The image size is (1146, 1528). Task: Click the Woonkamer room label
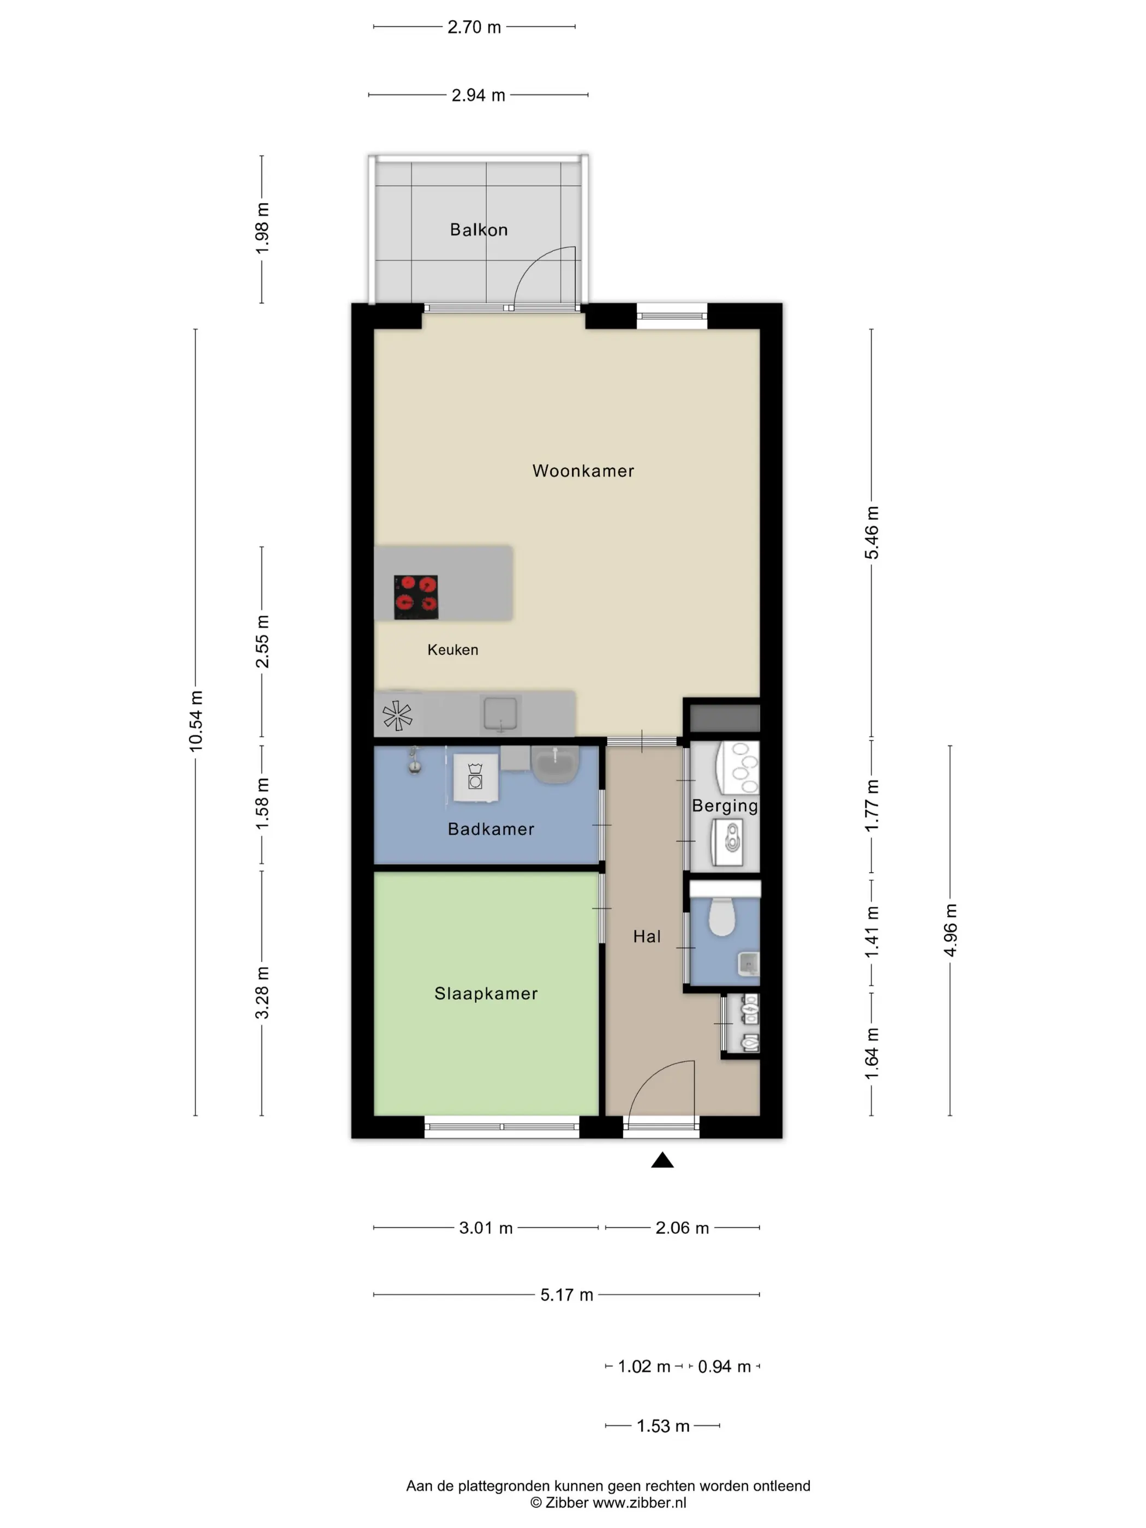[583, 471]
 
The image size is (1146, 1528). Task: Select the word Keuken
[452, 649]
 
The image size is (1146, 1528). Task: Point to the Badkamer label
[491, 829]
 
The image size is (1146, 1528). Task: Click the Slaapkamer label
[486, 993]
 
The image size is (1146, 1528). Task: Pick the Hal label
[647, 936]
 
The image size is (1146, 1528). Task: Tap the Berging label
[725, 805]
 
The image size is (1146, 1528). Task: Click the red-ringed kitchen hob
[416, 597]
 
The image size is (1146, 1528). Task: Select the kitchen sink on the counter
[500, 714]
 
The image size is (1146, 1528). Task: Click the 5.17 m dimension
[566, 1294]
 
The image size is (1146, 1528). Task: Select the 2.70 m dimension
[474, 27]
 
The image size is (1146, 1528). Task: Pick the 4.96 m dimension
[950, 930]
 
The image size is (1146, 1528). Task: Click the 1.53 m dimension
[662, 1426]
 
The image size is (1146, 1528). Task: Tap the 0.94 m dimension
[724, 1366]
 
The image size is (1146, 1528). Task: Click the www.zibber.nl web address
[640, 1502]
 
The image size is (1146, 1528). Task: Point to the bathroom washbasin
[556, 764]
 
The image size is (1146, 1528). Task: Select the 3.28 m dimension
[262, 993]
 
